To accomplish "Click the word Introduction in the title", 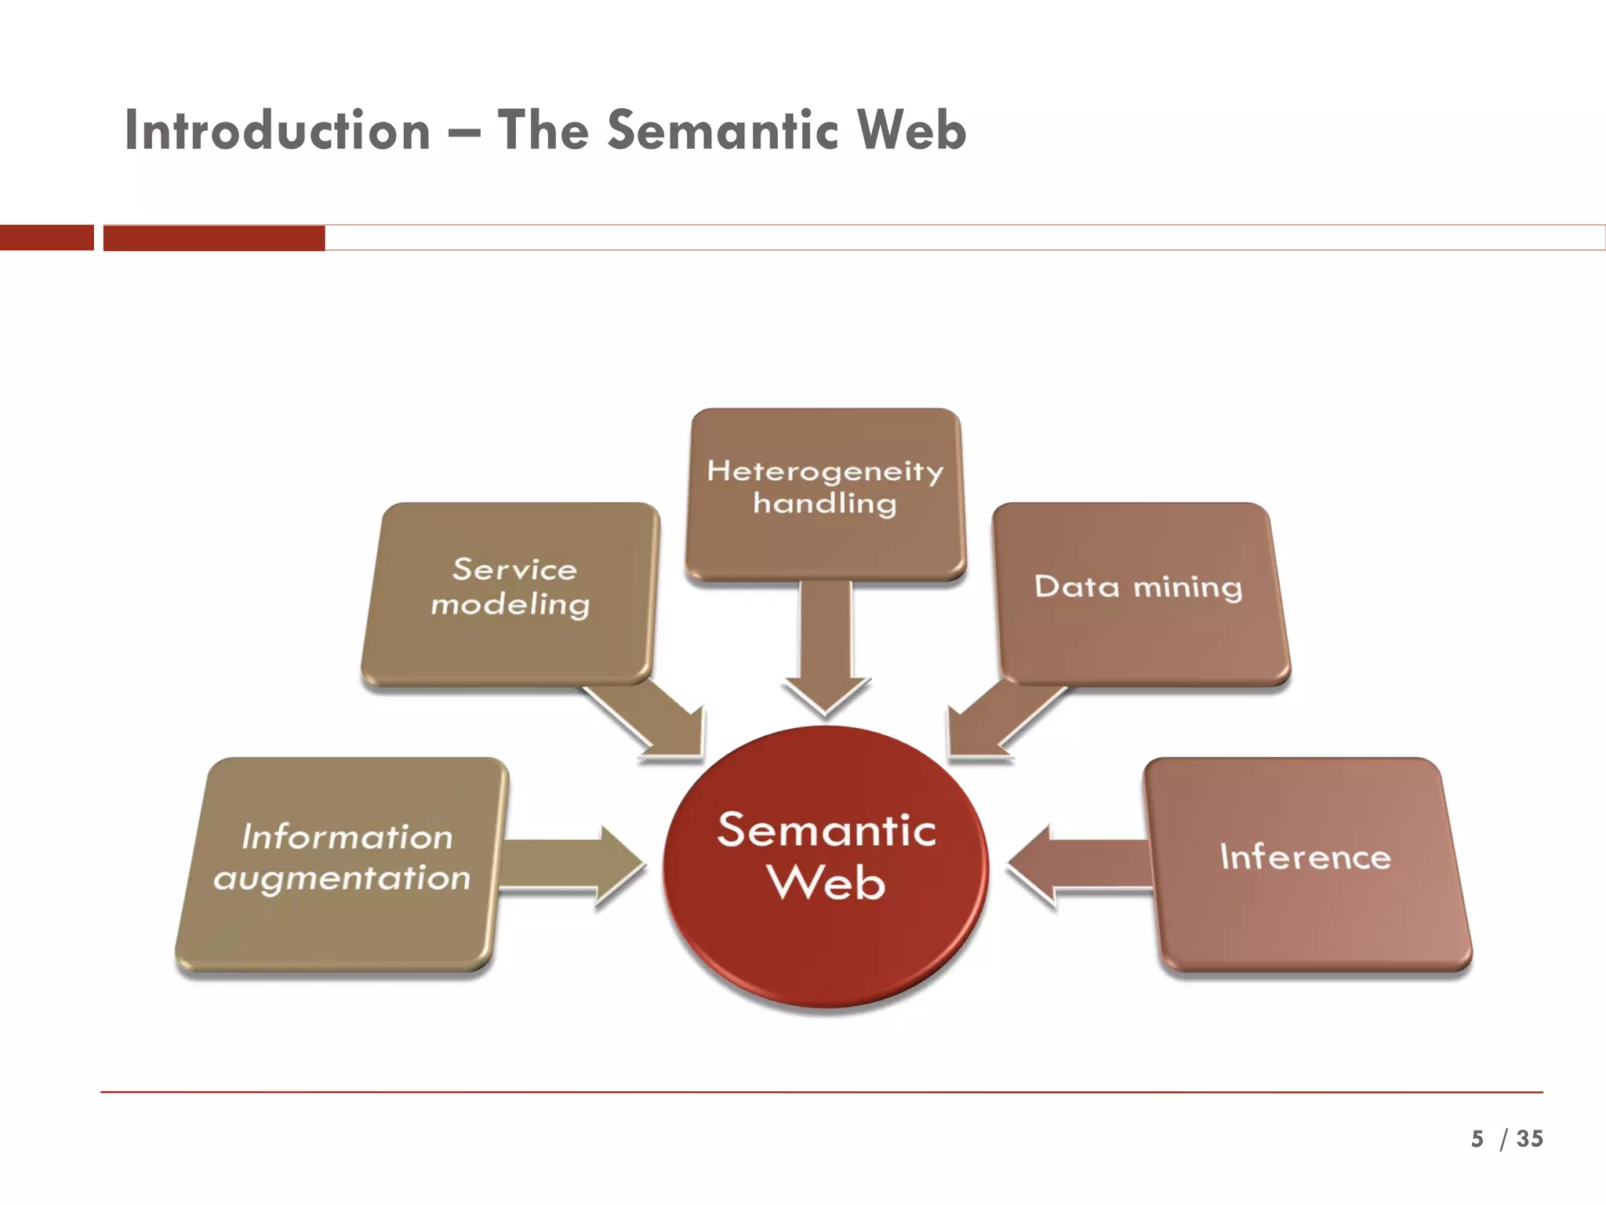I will point(278,130).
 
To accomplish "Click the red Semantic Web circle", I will point(826,867).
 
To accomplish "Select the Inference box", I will point(1306,863).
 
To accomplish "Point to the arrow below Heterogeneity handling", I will point(826,651).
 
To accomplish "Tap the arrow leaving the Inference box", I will point(1078,866).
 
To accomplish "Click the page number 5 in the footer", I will point(1477,1138).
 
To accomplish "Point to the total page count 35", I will point(1529,1138).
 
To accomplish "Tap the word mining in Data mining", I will point(1188,588).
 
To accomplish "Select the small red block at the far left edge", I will point(46,238).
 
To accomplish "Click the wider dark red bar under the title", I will point(214,238).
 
